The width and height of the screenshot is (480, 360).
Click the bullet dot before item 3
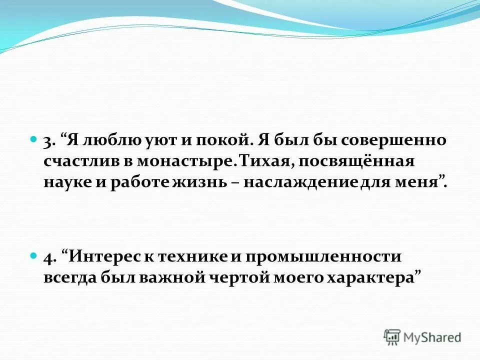[x=33, y=137]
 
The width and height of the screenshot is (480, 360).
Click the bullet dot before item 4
[x=33, y=255]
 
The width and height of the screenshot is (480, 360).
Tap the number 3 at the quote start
[x=47, y=141]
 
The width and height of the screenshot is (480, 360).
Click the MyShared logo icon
[x=392, y=336]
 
